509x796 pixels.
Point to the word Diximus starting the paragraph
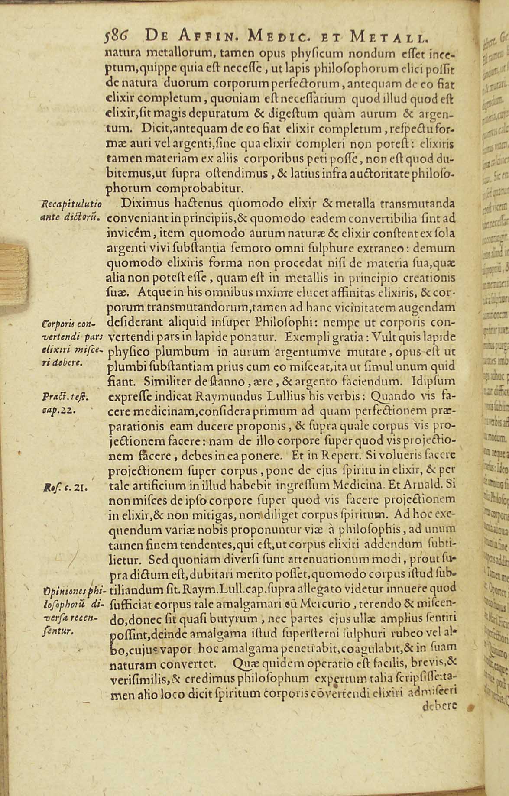point(142,204)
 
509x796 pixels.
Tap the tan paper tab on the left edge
point(14,275)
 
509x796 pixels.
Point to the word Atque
point(155,293)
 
